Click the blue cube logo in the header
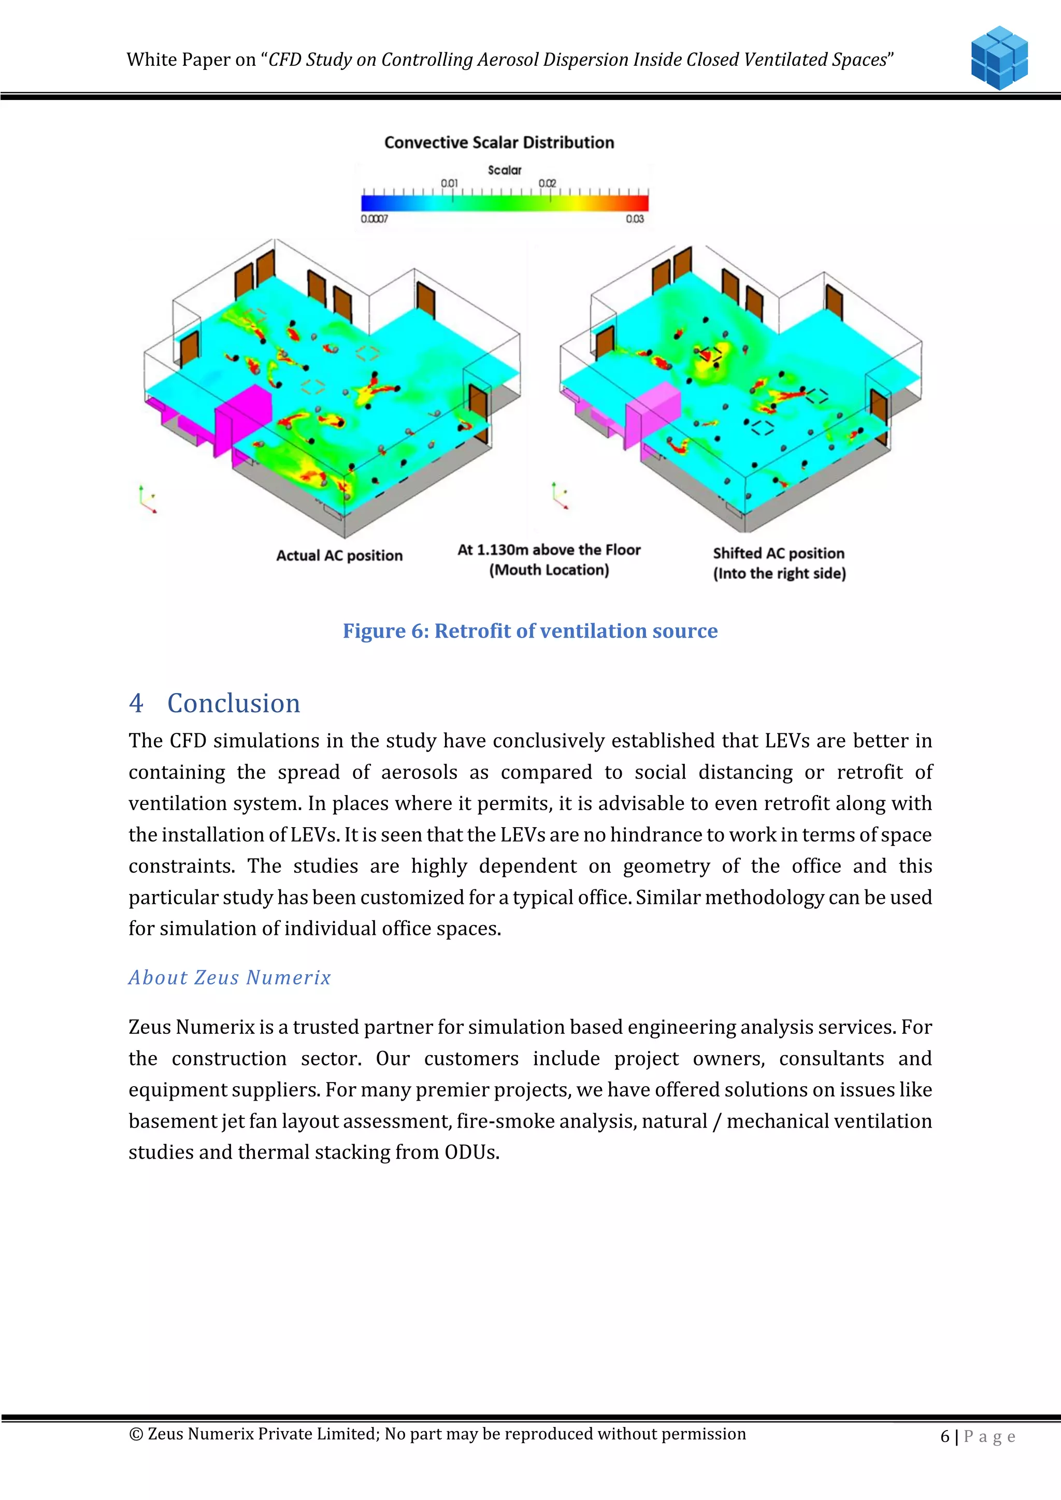point(999,57)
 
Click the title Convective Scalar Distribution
point(499,142)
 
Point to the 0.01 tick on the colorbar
point(450,183)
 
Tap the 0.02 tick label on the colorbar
point(548,183)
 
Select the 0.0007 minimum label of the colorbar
point(375,219)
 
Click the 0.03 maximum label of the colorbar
point(635,219)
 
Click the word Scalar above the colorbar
point(505,170)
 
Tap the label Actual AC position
point(339,555)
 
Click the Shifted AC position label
point(779,553)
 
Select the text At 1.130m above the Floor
point(549,550)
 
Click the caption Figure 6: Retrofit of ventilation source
point(530,630)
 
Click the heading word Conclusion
point(233,703)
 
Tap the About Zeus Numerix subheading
point(230,977)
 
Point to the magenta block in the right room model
point(653,408)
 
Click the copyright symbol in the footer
point(136,1434)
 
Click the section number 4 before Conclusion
point(136,703)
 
